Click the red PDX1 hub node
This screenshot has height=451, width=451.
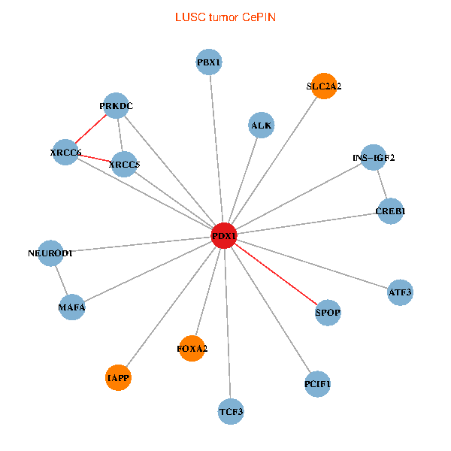pyautogui.click(x=224, y=235)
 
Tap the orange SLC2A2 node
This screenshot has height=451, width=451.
pyautogui.click(x=323, y=86)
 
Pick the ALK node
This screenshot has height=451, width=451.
pyautogui.click(x=261, y=126)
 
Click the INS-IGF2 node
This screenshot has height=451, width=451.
pyautogui.click(x=374, y=158)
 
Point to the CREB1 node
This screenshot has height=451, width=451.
pyautogui.click(x=390, y=211)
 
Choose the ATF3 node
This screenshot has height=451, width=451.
pyautogui.click(x=400, y=292)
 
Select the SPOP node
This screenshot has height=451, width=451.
pyautogui.click(x=328, y=312)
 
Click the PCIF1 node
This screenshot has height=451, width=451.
pyautogui.click(x=317, y=384)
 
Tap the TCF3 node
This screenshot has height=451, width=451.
pyautogui.click(x=232, y=411)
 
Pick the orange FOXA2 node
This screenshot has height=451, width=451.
pyautogui.click(x=192, y=348)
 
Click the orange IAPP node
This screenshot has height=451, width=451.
pyautogui.click(x=119, y=377)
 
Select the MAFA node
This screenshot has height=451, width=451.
pyautogui.click(x=72, y=307)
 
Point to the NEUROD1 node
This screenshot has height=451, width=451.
pyautogui.click(x=50, y=253)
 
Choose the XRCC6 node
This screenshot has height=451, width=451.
pyautogui.click(x=65, y=153)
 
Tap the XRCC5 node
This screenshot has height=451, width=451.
pyautogui.click(x=124, y=164)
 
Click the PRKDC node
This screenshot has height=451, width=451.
pyautogui.click(x=116, y=106)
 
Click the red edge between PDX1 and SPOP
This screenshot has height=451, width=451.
pyautogui.click(x=276, y=274)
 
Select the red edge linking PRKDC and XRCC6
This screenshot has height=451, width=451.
pyautogui.click(x=91, y=129)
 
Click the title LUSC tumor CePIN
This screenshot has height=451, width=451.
pyautogui.click(x=225, y=17)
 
